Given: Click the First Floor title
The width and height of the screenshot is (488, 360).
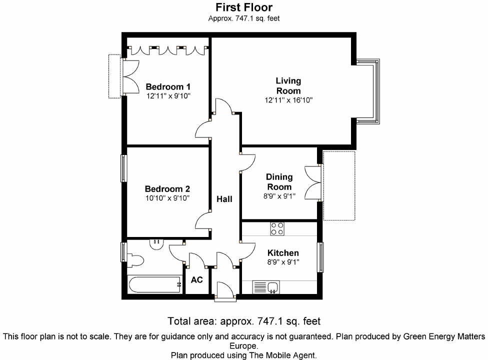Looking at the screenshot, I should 244,7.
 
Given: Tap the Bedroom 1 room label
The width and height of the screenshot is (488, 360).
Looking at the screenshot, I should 167,86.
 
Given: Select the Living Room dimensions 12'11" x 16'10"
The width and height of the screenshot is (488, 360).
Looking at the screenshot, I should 288,100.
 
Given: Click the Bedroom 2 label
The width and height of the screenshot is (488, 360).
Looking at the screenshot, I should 167,189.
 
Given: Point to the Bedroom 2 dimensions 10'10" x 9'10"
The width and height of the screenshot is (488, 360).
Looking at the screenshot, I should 167,198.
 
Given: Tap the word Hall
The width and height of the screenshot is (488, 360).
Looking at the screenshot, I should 224,199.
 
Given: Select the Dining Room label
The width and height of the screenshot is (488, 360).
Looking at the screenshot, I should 278,182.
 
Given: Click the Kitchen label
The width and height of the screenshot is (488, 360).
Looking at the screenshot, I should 283,253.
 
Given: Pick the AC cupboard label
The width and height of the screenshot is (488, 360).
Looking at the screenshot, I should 197,279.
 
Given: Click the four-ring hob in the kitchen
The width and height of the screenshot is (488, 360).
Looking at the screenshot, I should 277,229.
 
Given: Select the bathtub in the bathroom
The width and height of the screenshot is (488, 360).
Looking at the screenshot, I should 154,285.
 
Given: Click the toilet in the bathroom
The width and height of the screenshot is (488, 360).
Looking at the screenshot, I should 135,260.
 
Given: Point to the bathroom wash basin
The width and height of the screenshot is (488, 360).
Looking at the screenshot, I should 157,243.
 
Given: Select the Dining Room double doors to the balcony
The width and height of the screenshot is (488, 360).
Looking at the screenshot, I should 314,182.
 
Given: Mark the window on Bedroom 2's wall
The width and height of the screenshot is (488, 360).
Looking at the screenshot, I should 123,168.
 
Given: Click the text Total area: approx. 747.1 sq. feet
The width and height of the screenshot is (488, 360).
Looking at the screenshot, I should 244,321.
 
